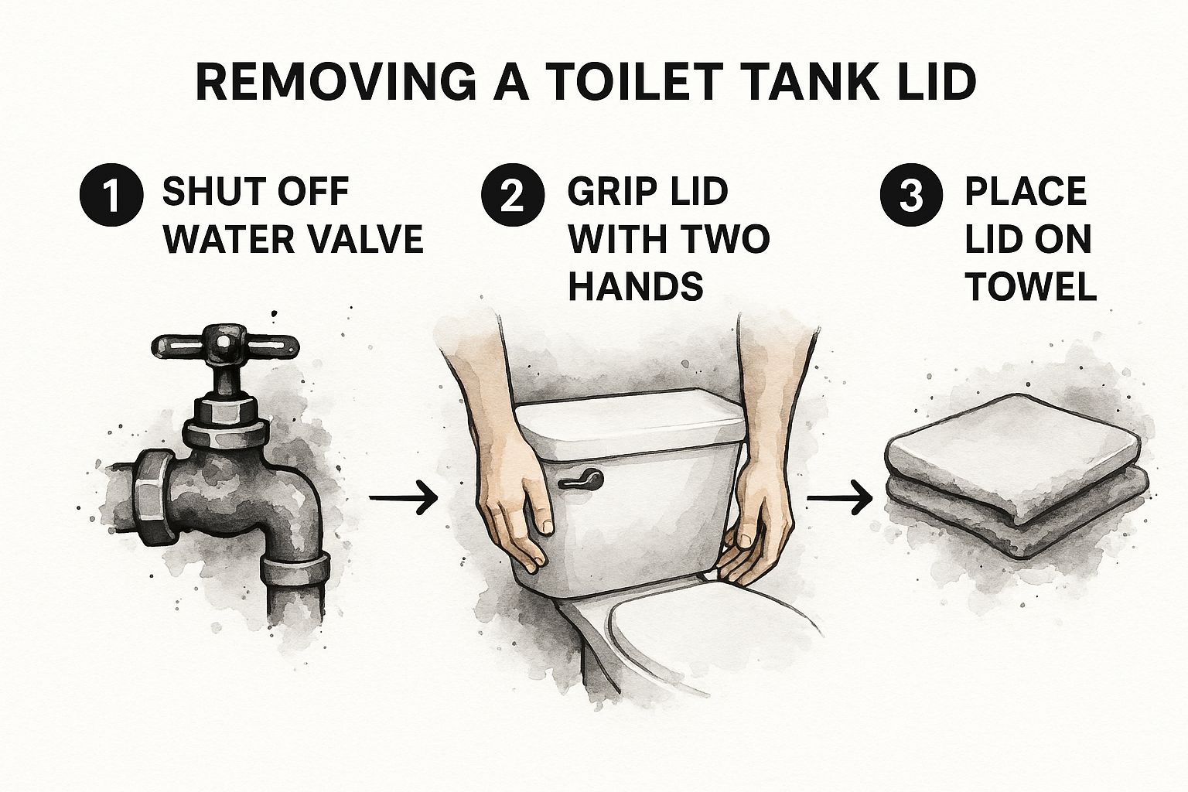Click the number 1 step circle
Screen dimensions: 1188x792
tap(111, 195)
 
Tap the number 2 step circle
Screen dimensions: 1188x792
tap(513, 195)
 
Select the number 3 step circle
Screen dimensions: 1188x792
tap(911, 195)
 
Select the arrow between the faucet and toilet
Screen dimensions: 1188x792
tap(404, 497)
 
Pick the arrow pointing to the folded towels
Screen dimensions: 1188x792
tap(840, 498)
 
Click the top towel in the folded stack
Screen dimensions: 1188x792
tap(1014, 457)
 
